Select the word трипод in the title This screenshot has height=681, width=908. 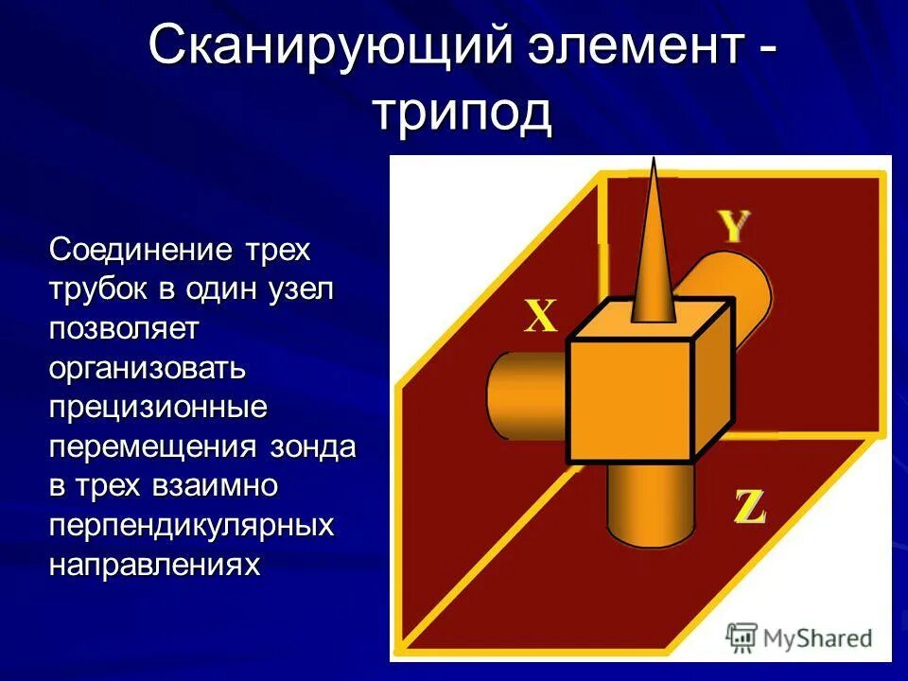pos(462,112)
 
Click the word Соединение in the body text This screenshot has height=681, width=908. pos(141,251)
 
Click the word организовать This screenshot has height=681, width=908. pos(148,369)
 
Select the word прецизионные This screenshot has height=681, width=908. pos(158,408)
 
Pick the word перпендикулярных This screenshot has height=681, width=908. pos(192,526)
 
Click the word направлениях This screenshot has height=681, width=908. pos(154,565)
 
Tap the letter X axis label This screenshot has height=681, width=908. pos(540,317)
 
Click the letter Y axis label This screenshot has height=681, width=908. pos(734,227)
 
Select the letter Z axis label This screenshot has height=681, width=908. pos(750,508)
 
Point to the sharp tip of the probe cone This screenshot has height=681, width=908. pos(652,163)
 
